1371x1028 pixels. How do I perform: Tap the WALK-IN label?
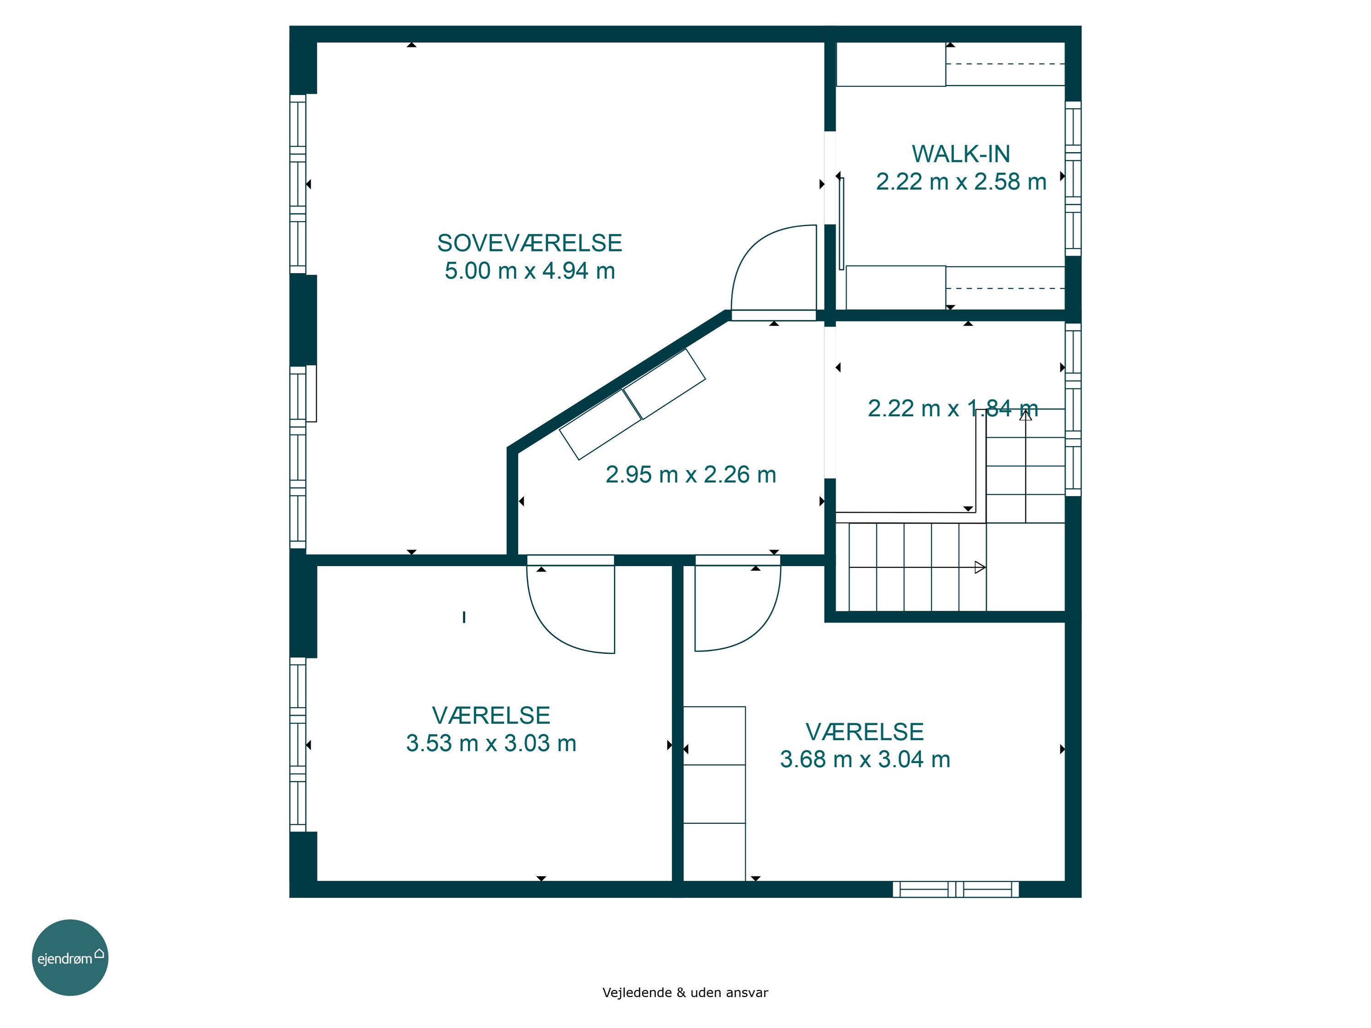coord(961,154)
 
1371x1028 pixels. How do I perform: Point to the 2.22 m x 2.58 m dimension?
coord(961,181)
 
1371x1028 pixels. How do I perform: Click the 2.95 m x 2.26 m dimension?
coord(691,475)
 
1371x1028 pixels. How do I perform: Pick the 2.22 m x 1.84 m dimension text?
coord(953,408)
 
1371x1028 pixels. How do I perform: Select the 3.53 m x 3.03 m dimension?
coord(491,743)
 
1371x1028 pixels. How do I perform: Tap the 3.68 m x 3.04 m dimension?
coord(865,759)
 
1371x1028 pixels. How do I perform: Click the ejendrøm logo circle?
coord(70,957)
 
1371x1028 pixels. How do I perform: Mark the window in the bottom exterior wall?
coord(955,889)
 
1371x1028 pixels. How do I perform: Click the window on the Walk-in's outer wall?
coord(1073,179)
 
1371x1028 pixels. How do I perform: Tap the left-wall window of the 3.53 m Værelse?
coord(298,744)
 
